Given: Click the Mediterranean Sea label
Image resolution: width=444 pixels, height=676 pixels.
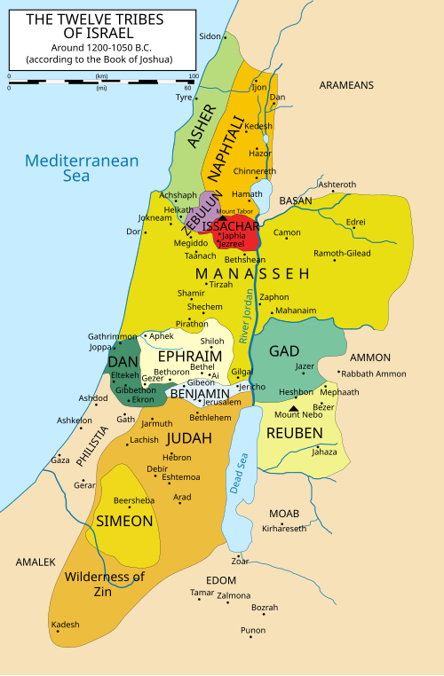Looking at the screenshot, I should coord(82,168).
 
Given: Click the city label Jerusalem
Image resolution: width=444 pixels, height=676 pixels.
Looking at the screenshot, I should coord(222,402).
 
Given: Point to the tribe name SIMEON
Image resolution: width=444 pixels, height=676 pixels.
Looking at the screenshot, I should coord(124,521).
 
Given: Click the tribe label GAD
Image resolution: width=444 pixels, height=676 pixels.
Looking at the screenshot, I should coord(284,351).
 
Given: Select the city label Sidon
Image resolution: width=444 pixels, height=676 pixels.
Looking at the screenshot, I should coord(210,36).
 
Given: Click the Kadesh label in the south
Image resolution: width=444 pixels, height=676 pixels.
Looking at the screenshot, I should coord(65,625).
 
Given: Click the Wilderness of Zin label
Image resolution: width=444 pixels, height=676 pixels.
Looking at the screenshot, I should coord(104,584).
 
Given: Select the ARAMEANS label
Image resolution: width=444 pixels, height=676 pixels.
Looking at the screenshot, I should coord(346,86).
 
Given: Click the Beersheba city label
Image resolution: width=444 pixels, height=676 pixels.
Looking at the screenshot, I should coord(134,500).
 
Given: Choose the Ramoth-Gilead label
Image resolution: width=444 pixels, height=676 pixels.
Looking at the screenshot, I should coord(368,253).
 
